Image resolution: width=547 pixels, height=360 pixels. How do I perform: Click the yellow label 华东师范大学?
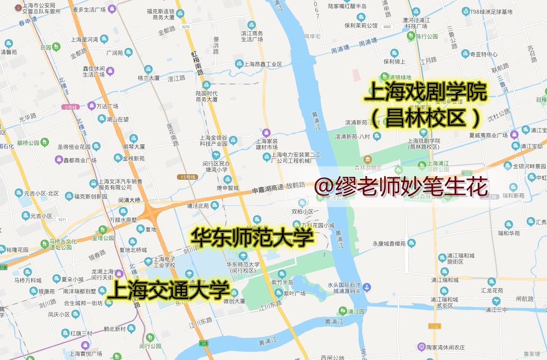pos(253,237)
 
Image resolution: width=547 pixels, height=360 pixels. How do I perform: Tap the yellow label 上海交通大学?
pos(168,290)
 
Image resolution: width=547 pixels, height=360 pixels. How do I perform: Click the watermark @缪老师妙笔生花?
pos(401,187)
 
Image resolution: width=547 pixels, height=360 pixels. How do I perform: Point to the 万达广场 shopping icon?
pos(92,106)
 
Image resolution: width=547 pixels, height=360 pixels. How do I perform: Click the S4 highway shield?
pos(203,343)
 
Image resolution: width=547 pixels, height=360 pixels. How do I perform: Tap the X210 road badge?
pos(186,27)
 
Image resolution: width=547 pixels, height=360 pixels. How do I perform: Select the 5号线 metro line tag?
pos(71,107)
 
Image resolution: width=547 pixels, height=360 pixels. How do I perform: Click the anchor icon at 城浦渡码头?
pos(366,288)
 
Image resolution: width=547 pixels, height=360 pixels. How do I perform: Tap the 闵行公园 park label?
pos(150,346)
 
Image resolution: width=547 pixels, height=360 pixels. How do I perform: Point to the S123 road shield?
pos(434,326)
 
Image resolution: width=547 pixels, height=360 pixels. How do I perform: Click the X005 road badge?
pos(387,27)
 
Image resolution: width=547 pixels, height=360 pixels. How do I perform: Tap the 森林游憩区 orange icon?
pos(367,159)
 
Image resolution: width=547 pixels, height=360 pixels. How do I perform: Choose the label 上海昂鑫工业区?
pos(262,64)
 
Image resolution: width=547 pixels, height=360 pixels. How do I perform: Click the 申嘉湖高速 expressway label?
pos(267,189)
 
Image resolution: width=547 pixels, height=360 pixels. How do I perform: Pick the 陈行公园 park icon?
pos(411,36)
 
